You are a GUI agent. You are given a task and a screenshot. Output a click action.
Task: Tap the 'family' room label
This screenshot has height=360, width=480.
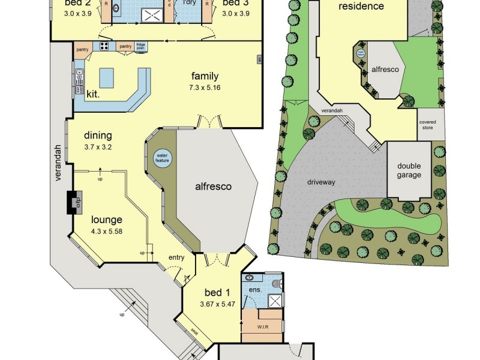(x=205, y=76)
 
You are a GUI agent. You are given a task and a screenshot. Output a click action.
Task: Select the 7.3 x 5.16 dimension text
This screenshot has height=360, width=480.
(x=205, y=88)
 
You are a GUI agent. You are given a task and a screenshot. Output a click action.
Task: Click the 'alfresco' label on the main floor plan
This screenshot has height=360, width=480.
(x=213, y=187)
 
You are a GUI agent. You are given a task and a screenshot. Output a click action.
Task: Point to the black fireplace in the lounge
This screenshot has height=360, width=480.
(x=74, y=202)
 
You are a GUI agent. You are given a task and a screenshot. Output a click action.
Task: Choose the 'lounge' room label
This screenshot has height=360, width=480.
(x=107, y=220)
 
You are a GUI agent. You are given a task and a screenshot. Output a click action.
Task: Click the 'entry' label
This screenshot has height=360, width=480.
(x=176, y=257)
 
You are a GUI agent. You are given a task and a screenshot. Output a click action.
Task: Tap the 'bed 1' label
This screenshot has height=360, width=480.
(x=218, y=293)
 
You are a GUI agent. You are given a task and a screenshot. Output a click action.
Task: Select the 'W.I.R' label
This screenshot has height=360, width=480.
(x=262, y=327)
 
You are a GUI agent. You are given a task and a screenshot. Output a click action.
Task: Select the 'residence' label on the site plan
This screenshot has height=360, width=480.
(x=361, y=7)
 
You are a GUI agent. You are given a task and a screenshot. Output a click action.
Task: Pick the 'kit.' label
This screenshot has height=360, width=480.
(x=93, y=94)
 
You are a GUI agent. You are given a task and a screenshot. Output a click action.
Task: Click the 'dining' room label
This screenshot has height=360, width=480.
(x=98, y=136)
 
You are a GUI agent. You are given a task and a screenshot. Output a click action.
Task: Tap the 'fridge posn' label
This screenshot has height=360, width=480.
(x=141, y=46)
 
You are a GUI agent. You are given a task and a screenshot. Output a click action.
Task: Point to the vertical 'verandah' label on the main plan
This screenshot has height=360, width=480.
(x=59, y=163)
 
